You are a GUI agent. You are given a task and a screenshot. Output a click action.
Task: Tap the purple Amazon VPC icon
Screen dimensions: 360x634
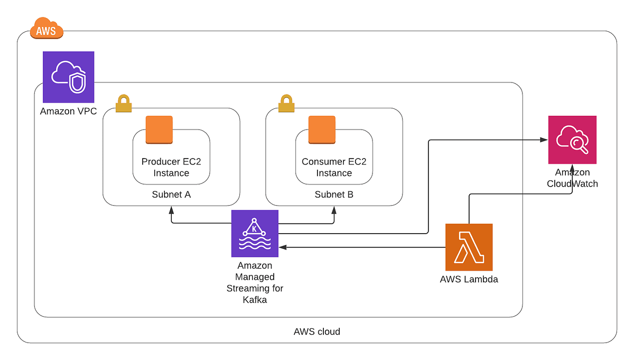point(68,77)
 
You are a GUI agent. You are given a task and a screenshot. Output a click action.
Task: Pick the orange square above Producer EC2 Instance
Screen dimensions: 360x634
point(159,130)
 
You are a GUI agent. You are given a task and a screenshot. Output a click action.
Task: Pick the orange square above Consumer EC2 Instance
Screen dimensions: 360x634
point(322,130)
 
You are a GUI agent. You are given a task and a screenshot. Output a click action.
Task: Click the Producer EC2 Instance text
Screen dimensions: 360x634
point(171,167)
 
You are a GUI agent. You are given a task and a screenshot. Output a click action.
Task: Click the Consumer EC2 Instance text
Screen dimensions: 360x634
point(334,167)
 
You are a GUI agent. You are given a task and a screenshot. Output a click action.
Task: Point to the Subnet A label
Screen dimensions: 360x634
point(171,195)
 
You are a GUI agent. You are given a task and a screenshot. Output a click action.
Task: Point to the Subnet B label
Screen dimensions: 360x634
point(334,195)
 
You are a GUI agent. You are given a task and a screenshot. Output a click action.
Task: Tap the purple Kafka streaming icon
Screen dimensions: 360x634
point(255,234)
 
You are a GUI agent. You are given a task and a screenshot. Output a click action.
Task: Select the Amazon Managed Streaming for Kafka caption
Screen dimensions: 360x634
point(255,282)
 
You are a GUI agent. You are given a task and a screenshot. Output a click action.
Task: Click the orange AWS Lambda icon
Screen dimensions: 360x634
point(469,247)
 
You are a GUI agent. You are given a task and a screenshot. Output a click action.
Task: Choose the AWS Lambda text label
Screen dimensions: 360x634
point(469,279)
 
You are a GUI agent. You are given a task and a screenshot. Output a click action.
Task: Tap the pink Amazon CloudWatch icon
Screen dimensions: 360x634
point(572,140)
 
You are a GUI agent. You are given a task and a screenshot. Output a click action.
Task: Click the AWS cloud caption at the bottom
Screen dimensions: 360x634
point(317,332)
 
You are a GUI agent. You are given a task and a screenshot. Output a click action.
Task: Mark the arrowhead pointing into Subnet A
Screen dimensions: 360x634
point(171,209)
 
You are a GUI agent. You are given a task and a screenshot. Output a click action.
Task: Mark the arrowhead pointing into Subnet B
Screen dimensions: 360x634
point(334,209)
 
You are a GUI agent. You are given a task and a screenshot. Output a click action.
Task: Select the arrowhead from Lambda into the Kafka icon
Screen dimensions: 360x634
point(283,247)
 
